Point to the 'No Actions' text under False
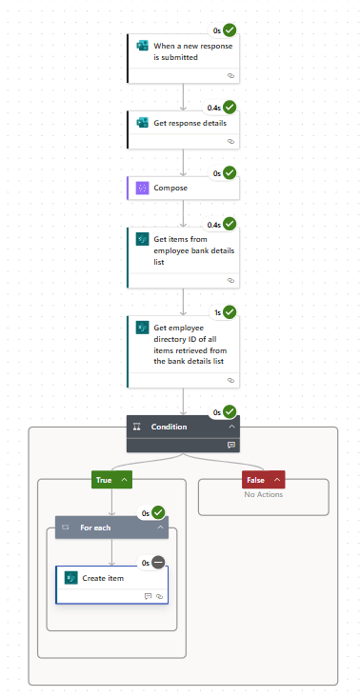(x=263, y=494)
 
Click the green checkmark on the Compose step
(x=230, y=173)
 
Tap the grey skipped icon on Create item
(x=158, y=563)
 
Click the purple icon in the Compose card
(x=142, y=188)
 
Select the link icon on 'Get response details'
(x=230, y=141)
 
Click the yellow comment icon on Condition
(x=230, y=444)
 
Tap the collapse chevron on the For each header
(x=161, y=527)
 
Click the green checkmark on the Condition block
(x=230, y=411)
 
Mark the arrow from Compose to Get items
(x=183, y=212)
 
